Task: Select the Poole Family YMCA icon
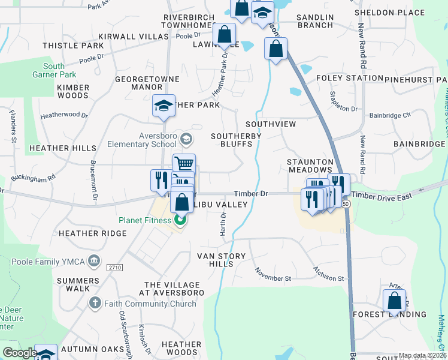(x=94, y=261)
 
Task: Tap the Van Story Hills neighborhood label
(x=222, y=260)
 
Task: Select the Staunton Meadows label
(x=310, y=166)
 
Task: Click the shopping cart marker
(x=184, y=163)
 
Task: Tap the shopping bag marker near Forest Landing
(x=394, y=299)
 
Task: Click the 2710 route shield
(x=114, y=267)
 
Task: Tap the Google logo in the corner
(x=20, y=353)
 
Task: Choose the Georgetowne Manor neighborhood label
(x=139, y=83)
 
